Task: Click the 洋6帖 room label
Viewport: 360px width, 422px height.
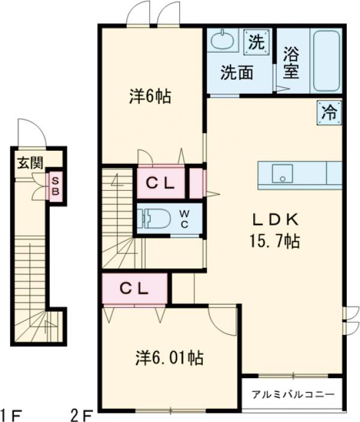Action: (149, 95)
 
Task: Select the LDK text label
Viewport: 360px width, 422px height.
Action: (275, 219)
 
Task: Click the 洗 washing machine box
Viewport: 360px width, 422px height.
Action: (256, 42)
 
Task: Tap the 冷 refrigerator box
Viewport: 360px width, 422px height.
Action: (329, 112)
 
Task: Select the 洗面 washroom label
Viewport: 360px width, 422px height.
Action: (236, 73)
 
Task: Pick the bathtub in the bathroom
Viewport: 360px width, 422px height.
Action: (326, 60)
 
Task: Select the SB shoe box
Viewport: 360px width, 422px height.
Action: (55, 186)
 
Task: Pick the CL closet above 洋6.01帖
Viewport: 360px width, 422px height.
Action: (134, 288)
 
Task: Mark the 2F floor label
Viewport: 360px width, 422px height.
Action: (82, 414)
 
